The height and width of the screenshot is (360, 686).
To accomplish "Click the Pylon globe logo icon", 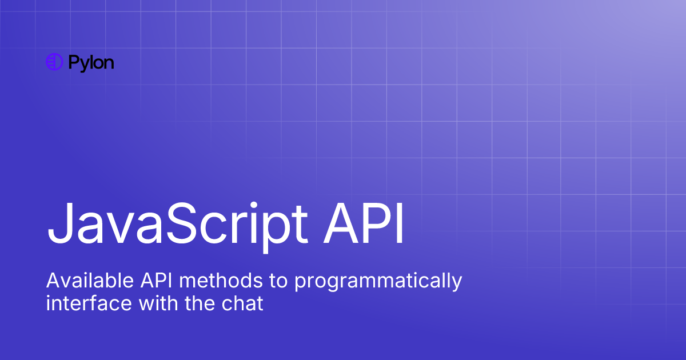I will (54, 62).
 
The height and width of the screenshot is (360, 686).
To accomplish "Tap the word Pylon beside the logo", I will (91, 63).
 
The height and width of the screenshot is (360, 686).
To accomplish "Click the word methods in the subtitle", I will (208, 281).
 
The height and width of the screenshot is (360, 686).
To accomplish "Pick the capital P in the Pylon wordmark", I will (73, 62).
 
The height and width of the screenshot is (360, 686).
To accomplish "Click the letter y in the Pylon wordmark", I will (83, 65).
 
